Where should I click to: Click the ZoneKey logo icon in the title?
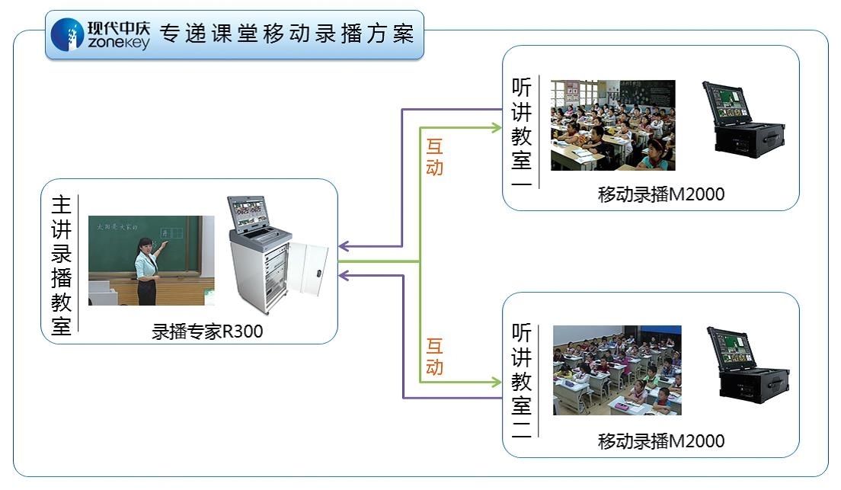[x=67, y=34]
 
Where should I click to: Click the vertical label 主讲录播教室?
[x=61, y=265]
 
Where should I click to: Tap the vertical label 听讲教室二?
[x=522, y=380]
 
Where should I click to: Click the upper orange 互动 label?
[x=434, y=156]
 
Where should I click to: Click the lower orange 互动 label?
[x=434, y=357]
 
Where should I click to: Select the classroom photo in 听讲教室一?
[x=612, y=125]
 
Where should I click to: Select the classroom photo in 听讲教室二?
[x=617, y=370]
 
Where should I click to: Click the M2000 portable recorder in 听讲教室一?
[x=743, y=120]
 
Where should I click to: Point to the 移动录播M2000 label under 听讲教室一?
[x=660, y=195]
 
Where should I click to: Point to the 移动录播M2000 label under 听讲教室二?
[x=660, y=440]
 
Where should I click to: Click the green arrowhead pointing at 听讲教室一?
[x=495, y=127]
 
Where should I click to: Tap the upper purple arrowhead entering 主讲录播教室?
[x=344, y=246]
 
